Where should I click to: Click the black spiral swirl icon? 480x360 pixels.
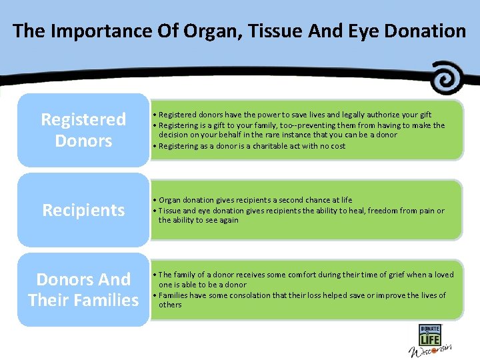[447, 78]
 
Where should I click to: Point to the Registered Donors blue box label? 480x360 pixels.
[83, 130]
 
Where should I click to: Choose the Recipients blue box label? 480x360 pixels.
[83, 210]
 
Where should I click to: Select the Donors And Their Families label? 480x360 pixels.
[83, 289]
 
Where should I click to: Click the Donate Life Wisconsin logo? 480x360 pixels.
[430, 341]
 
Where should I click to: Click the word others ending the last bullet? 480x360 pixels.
[170, 305]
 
